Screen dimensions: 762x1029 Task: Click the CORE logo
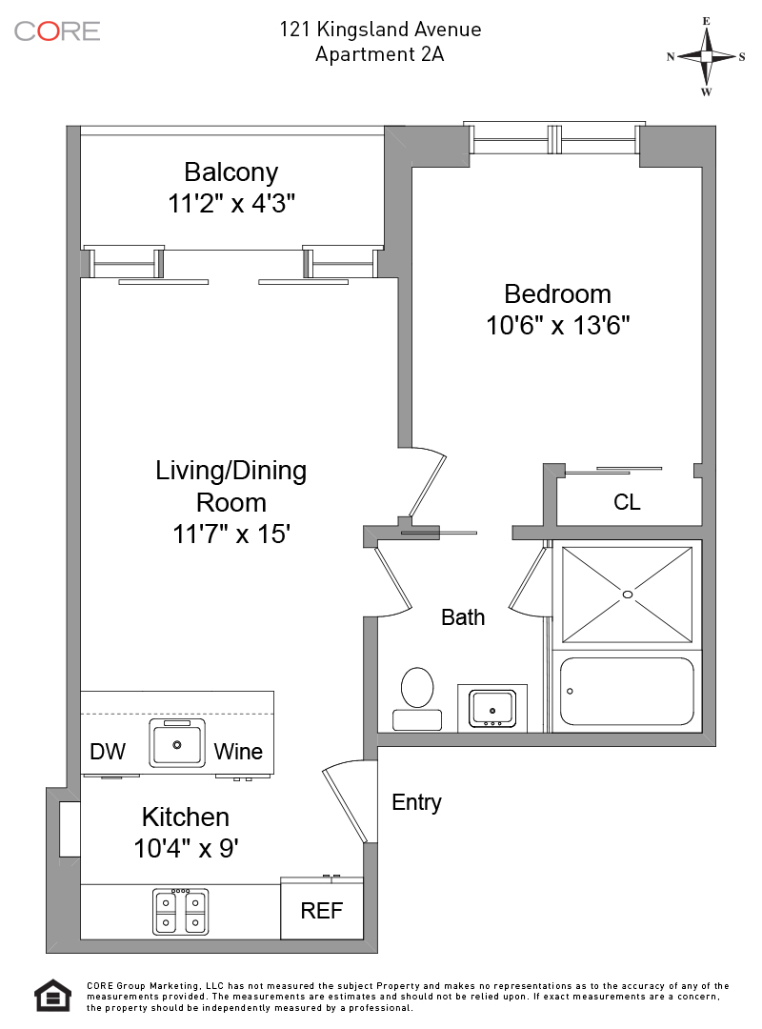57,30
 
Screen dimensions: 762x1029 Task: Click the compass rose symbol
706,56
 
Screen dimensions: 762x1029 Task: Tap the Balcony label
231,172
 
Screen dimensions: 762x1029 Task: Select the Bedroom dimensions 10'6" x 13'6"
558,326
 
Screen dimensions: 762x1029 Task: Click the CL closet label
627,502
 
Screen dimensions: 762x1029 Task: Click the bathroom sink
491,708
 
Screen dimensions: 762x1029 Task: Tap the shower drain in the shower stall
627,595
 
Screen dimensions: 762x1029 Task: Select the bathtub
627,691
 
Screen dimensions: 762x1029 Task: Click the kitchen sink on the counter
177,743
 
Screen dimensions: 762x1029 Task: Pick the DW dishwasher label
108,752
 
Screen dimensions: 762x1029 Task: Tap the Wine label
238,752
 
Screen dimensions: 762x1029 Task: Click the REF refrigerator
322,911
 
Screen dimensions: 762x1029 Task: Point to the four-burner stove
181,912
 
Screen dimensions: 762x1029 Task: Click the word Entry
416,802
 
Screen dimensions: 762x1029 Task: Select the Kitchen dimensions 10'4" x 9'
186,848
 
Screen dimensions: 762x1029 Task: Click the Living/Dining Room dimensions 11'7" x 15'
231,535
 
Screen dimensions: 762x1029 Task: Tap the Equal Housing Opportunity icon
53,995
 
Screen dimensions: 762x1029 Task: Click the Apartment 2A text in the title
380,54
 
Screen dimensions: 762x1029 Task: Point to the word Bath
463,617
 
